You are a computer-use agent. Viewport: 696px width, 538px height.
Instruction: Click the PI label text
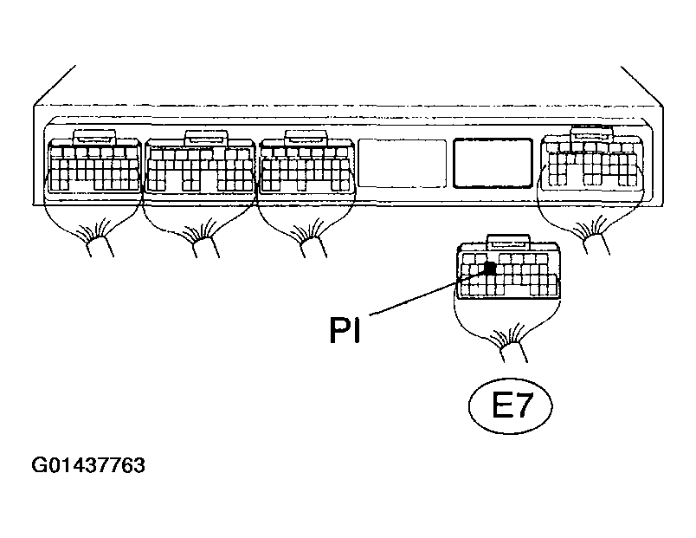tap(345, 329)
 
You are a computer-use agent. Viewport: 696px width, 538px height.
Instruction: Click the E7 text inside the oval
tap(512, 405)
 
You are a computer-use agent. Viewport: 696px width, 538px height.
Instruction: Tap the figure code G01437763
tap(88, 465)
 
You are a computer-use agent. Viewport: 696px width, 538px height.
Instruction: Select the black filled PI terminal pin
tap(490, 268)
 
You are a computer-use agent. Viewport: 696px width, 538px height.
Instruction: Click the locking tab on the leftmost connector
tap(95, 137)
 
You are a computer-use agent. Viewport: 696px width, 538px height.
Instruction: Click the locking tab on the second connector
tap(206, 138)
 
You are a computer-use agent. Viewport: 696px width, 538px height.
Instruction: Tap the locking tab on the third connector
tap(306, 138)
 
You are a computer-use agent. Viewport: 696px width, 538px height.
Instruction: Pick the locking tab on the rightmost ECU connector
tap(591, 133)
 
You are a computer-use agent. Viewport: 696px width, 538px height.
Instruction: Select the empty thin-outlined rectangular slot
tap(403, 163)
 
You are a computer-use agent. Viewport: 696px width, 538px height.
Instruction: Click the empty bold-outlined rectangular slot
tap(493, 163)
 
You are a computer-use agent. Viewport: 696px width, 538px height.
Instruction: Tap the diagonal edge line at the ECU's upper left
tap(55, 85)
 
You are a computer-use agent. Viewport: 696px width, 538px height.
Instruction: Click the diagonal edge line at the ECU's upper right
tap(641, 87)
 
